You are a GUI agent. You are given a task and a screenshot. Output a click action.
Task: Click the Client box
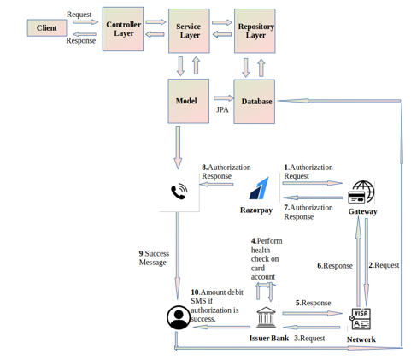47,28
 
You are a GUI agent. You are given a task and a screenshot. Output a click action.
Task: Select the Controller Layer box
123,29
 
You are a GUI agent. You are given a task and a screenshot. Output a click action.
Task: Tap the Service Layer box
189,31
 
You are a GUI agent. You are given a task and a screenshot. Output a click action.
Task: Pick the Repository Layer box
255,31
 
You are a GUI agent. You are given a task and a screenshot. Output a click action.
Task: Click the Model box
189,101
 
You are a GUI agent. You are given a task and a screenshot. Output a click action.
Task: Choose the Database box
255,102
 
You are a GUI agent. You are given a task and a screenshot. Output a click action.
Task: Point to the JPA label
222,110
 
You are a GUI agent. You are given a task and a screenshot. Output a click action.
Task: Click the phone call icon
179,192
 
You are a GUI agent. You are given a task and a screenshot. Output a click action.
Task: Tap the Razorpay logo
259,188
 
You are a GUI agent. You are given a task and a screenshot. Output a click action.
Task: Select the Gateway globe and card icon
361,192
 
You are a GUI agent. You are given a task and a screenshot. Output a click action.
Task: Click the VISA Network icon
360,319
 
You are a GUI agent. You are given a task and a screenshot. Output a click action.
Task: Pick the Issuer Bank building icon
266,317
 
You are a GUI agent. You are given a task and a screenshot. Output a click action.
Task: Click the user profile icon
179,317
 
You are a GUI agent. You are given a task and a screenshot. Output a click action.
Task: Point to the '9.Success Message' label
154,258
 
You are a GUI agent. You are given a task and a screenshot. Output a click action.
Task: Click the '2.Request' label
384,265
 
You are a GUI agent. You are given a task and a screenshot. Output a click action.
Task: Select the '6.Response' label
335,266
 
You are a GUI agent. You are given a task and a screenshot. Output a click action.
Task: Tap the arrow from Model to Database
224,98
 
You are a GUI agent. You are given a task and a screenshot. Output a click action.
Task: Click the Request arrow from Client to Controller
85,22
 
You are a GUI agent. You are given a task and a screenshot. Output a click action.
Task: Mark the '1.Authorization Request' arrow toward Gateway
313,183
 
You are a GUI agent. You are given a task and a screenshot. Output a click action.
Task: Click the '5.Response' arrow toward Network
313,314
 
